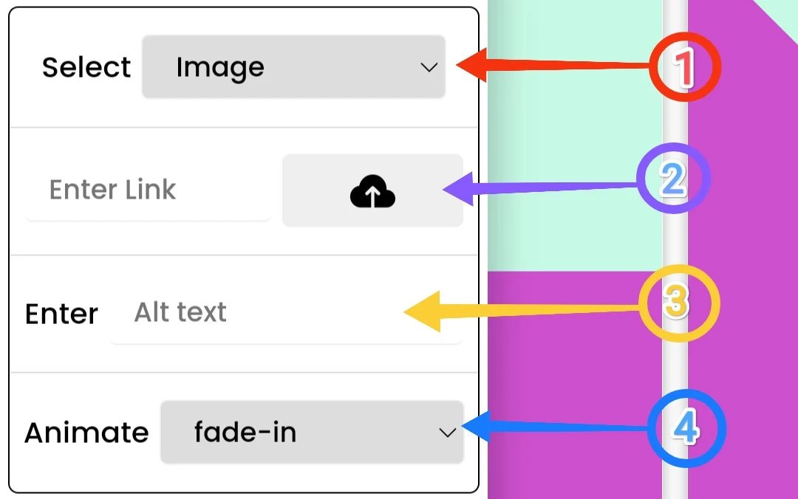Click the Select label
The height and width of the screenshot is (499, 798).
tap(86, 68)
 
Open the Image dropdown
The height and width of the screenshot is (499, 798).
tap(293, 67)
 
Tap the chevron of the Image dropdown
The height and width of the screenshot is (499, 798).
tap(429, 67)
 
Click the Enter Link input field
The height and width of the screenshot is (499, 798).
tap(148, 190)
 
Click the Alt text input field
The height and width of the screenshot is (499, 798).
tap(286, 313)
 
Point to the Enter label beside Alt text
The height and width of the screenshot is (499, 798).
tap(61, 314)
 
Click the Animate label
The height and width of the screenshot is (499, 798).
tap(86, 433)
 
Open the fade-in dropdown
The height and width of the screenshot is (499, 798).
tap(312, 433)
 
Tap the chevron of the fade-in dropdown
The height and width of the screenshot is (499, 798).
tap(447, 433)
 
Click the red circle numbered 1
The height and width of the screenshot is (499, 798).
tap(684, 68)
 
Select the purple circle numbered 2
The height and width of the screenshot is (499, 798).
tap(673, 179)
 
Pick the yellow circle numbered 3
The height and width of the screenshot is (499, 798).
tap(678, 303)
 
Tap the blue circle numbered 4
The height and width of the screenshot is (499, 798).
tap(686, 428)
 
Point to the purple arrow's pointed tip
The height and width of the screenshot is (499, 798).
tap(444, 192)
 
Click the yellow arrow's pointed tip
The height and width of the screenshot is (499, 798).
tap(405, 313)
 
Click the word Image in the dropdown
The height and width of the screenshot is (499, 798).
tap(219, 67)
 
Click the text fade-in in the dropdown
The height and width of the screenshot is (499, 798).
tap(245, 433)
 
